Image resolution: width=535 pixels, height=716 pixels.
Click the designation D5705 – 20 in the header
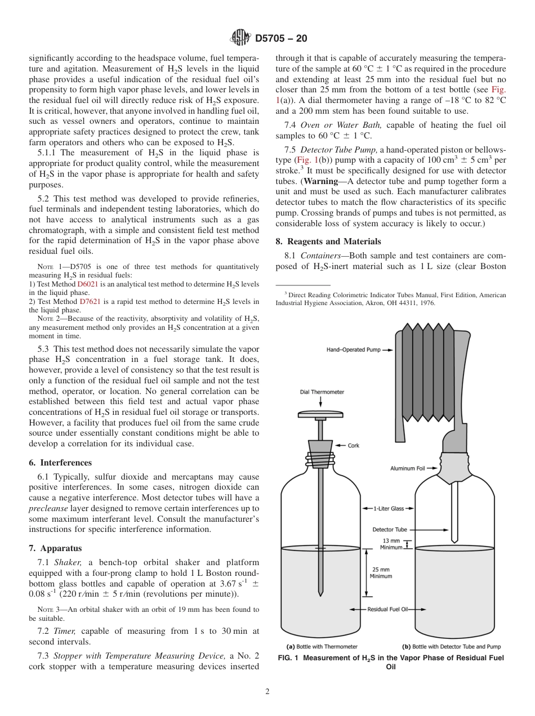(281, 39)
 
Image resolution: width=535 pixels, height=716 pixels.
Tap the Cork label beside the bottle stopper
(353, 445)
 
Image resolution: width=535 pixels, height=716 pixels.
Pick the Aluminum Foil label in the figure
(407, 468)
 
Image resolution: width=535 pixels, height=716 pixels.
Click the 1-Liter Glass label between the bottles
(389, 509)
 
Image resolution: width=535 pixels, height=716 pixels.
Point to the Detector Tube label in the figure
(389, 530)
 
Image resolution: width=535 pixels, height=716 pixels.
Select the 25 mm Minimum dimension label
(380, 572)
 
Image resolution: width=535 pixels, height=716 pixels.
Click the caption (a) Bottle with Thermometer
(322, 647)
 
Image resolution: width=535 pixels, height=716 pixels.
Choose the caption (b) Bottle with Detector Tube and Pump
(451, 647)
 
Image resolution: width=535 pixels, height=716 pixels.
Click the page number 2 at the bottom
(267, 692)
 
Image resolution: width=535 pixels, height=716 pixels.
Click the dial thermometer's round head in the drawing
(320, 415)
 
